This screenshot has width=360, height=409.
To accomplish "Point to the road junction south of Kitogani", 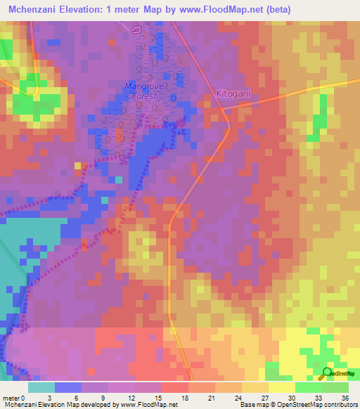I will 223,109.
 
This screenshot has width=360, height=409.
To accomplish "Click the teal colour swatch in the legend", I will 41,387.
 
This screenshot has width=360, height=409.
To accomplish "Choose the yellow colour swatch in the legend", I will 281,387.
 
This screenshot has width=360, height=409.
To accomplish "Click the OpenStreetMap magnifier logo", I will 328,372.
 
